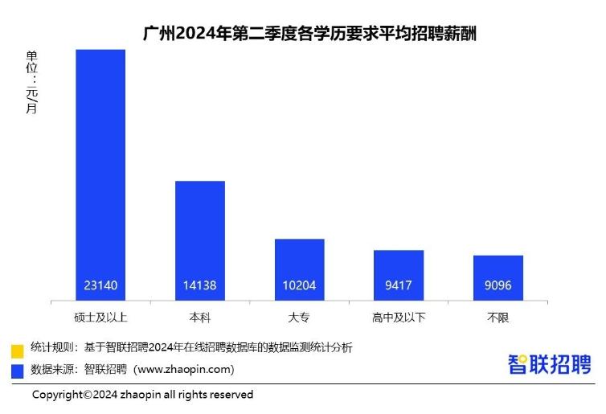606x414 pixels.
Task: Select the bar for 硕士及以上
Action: [x=100, y=169]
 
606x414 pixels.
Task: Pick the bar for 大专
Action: [x=299, y=265]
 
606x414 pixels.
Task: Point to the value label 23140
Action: [x=100, y=285]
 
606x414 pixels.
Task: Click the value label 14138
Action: [x=200, y=285]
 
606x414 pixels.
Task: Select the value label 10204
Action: [x=299, y=285]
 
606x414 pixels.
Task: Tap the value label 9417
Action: [x=399, y=285]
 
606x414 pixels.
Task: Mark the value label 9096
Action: [x=497, y=285]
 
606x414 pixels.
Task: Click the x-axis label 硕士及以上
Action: [x=100, y=317]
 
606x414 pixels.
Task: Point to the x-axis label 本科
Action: [x=200, y=317]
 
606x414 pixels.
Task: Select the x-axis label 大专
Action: [x=299, y=317]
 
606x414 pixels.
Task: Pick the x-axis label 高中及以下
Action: [x=399, y=317]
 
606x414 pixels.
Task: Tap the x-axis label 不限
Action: [x=497, y=317]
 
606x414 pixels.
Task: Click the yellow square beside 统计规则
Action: [x=17, y=350]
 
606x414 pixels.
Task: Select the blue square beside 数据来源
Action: [x=17, y=371]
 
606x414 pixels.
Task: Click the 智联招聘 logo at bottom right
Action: [x=549, y=363]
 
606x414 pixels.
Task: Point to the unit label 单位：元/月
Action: [x=32, y=82]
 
